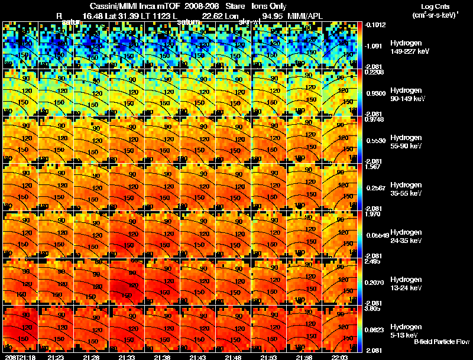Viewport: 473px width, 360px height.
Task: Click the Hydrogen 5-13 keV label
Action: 407,330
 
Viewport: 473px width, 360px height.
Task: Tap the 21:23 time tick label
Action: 57,356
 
